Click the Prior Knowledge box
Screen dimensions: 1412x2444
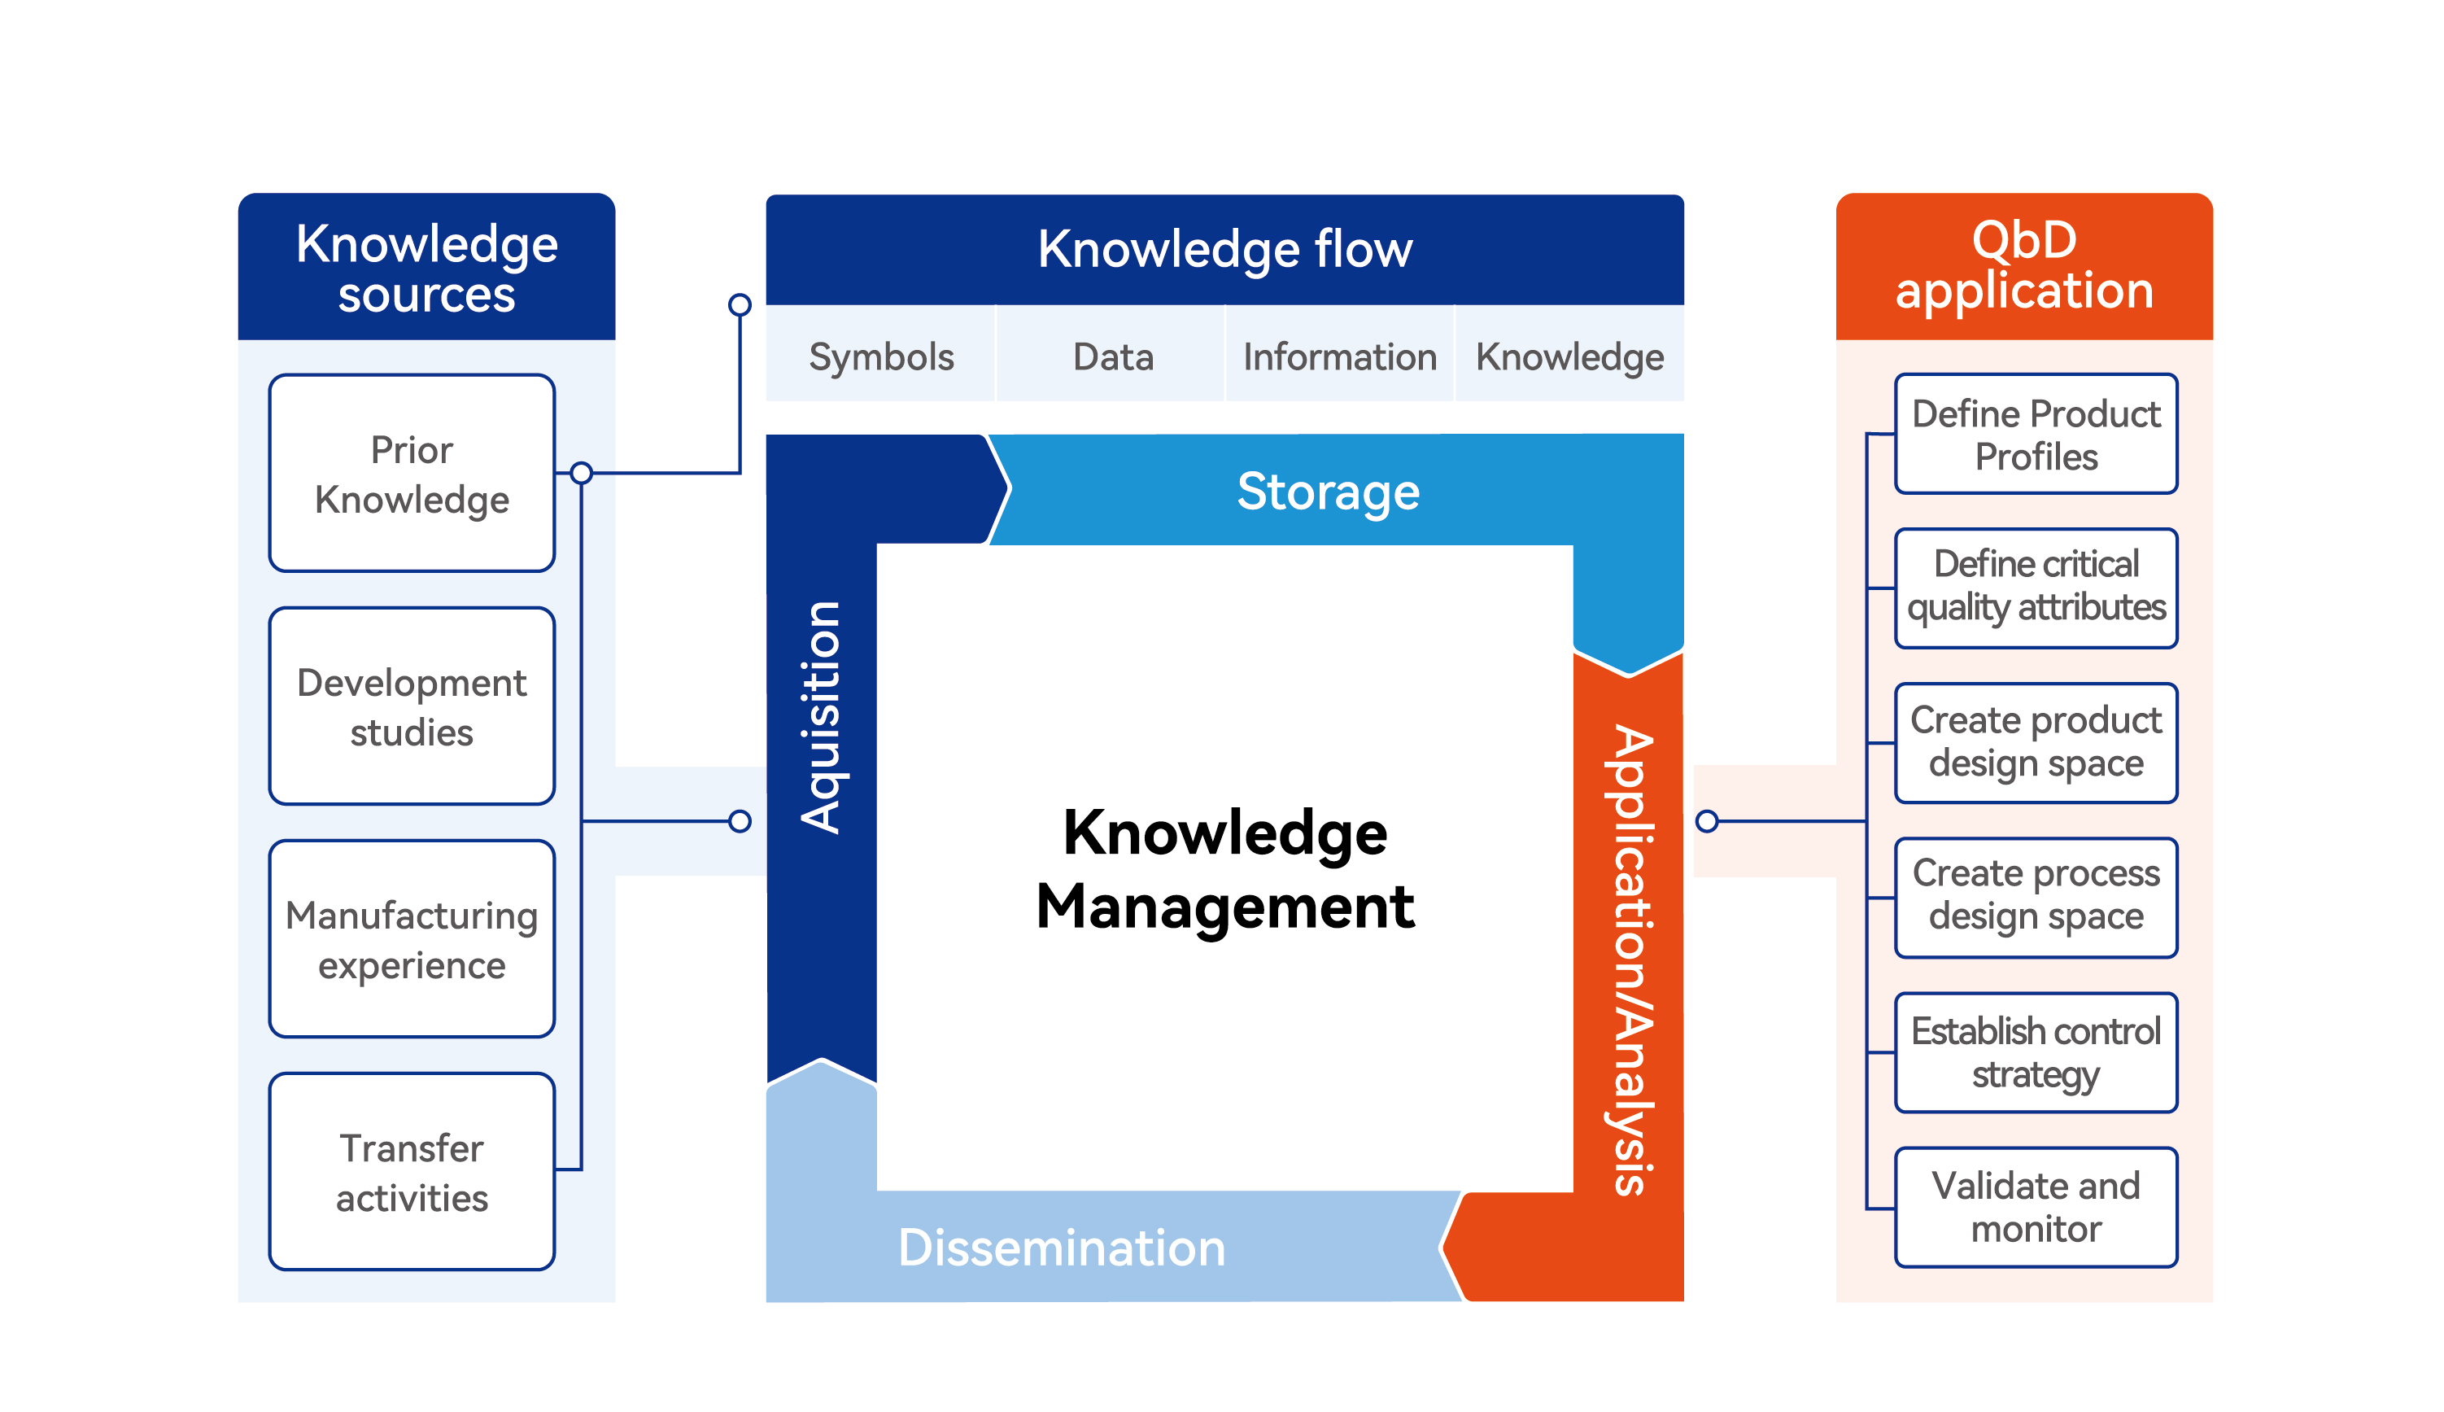(411, 474)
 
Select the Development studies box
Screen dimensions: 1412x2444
(411, 706)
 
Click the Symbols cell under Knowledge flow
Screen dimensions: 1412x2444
(880, 356)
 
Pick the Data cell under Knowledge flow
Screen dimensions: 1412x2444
(1112, 356)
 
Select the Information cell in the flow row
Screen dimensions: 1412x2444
(1339, 356)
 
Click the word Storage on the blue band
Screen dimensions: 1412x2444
(1327, 491)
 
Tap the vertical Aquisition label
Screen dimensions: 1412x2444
(821, 718)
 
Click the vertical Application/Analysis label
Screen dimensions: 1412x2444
(1630, 960)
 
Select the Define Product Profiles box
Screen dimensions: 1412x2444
(2035, 434)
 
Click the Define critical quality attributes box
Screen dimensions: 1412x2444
(2035, 588)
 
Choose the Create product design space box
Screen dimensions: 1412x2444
(2035, 742)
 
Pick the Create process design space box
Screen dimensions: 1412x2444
(2035, 897)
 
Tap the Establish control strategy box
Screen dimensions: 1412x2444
(2035, 1052)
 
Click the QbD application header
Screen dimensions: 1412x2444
(2023, 266)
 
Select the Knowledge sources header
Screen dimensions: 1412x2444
(426, 268)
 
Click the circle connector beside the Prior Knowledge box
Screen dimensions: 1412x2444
(581, 474)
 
